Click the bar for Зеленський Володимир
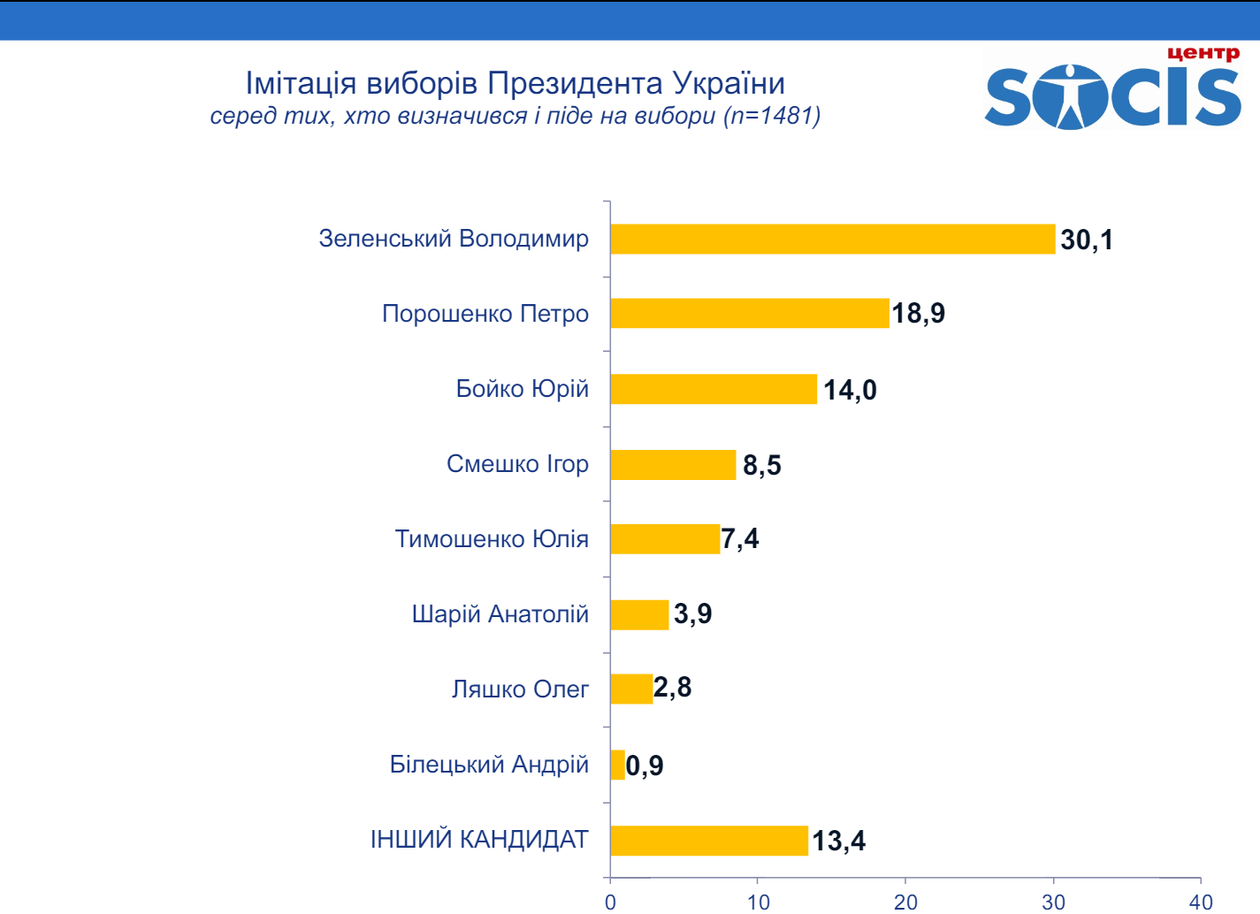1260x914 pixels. click(832, 239)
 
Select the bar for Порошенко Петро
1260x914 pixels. click(749, 313)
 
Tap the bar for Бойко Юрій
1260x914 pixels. click(713, 389)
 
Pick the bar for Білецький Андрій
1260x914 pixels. click(617, 765)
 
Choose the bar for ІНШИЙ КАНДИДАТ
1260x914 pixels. click(708, 840)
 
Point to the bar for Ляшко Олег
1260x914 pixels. click(631, 689)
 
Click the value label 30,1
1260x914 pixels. click(1087, 240)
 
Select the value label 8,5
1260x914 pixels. click(761, 465)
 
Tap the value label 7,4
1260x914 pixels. click(739, 538)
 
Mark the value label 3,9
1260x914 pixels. click(692, 613)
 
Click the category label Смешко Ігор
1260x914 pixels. click(517, 464)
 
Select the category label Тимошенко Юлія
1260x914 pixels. click(492, 539)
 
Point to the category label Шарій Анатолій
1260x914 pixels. click(500, 614)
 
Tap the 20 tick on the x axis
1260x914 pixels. click(905, 902)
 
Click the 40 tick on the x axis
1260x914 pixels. click(1200, 902)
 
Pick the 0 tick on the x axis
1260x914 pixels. click(610, 902)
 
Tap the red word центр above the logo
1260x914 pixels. click(1203, 53)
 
